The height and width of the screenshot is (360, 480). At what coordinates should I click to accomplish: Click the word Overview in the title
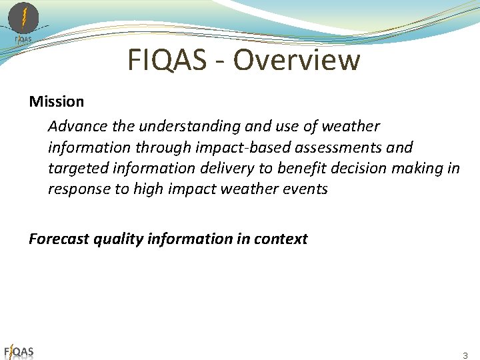296,61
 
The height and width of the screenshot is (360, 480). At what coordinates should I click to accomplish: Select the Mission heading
57,102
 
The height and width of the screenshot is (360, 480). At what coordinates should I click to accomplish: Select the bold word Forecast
59,239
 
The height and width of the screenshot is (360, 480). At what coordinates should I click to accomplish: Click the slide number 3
465,355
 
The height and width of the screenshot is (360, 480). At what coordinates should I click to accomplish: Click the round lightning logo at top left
23,17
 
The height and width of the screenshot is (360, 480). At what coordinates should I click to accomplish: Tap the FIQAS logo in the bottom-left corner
19,352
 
